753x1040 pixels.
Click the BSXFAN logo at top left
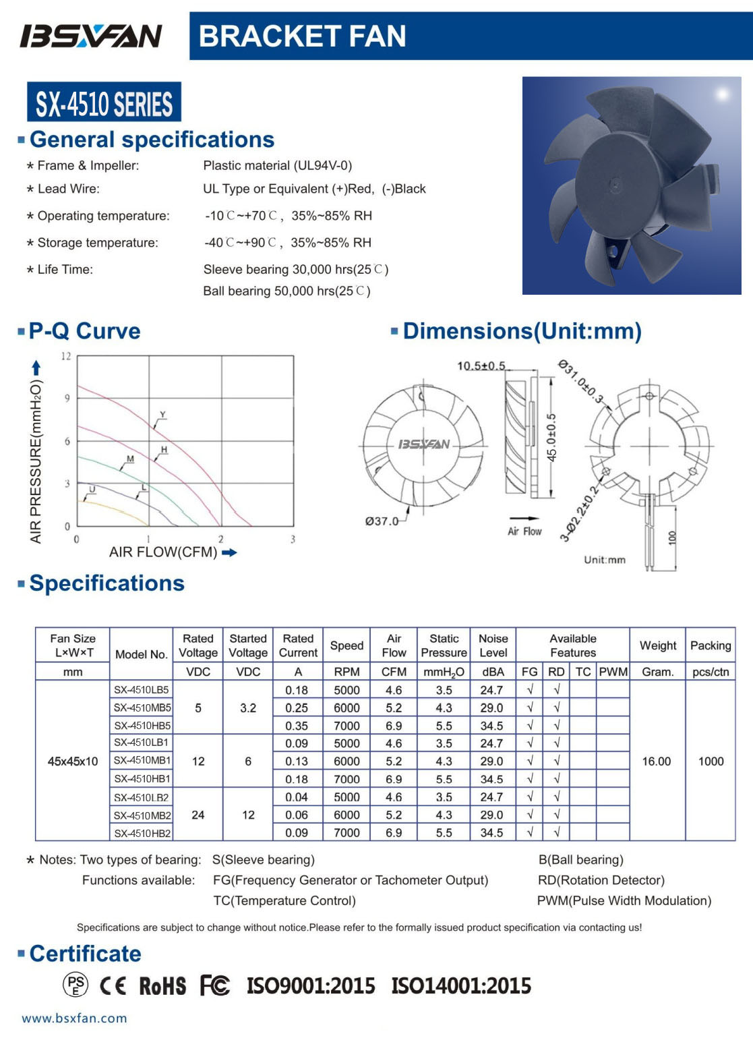coord(91,36)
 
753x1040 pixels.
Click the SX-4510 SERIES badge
coord(104,103)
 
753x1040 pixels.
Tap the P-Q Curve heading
coord(84,331)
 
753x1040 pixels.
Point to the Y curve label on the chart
coord(162,415)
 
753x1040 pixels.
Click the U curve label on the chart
coord(92,489)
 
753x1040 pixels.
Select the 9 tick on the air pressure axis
coord(67,399)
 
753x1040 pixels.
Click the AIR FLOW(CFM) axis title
coord(163,552)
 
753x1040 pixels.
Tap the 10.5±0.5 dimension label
coord(481,366)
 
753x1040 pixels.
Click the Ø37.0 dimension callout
coord(382,521)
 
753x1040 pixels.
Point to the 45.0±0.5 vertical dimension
coord(551,437)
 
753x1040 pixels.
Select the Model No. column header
coord(141,654)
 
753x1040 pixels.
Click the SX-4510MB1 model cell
coord(142,760)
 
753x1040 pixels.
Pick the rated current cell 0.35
coord(297,726)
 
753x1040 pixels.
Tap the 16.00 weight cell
coord(657,761)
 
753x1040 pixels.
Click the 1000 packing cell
coord(711,761)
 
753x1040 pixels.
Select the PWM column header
coord(613,672)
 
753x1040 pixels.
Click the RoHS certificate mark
coord(162,986)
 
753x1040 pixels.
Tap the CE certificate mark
coord(113,986)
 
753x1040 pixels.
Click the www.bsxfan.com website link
coord(74,1018)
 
